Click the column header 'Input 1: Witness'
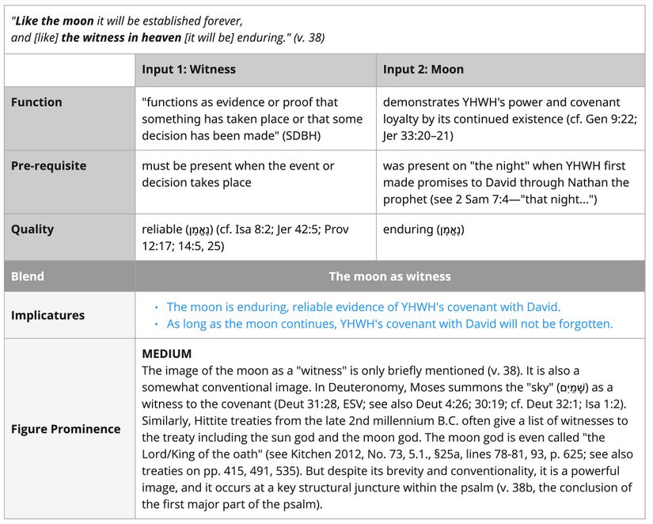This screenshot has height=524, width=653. (188, 70)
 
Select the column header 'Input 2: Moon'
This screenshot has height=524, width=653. (423, 70)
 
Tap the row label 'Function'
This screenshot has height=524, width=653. (36, 102)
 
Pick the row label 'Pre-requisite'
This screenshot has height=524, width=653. (49, 166)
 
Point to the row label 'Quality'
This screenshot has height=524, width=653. (32, 230)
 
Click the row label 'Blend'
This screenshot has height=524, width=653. (28, 276)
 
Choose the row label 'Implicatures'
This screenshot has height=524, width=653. (47, 315)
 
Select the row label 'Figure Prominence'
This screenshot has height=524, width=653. (66, 429)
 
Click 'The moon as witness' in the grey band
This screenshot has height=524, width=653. (389, 276)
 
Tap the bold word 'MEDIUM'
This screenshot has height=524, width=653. (166, 354)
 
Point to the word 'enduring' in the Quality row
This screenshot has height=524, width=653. (408, 230)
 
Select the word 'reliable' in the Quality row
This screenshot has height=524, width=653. (163, 230)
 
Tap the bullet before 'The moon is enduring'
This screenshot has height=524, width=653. (157, 307)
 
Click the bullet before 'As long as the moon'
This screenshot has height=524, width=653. (157, 325)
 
